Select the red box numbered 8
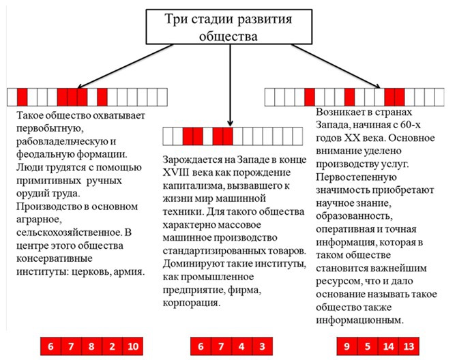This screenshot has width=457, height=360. [x=91, y=346]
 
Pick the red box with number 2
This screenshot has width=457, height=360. [x=111, y=346]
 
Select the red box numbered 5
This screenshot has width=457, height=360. [x=368, y=346]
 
